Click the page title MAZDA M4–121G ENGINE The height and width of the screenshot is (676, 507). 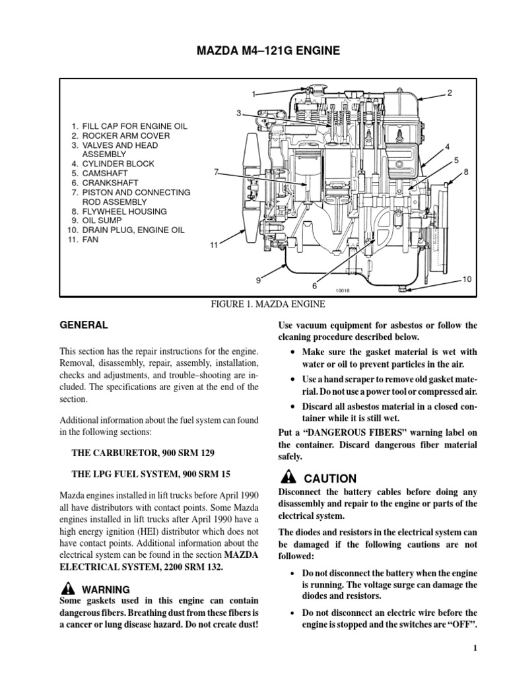tap(253, 51)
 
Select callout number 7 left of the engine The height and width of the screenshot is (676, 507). tap(216, 172)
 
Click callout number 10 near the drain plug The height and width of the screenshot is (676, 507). tap(467, 279)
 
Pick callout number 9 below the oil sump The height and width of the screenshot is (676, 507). tap(259, 281)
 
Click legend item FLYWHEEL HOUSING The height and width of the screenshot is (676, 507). tap(124, 211)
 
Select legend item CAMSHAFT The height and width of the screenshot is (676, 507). tap(109, 173)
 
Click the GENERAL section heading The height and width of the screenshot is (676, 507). tap(84, 325)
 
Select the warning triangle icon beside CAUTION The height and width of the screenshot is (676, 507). tap(288, 478)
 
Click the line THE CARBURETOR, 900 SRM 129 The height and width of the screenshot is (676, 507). tap(142, 454)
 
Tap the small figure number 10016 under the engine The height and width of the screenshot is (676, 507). tap(342, 290)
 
